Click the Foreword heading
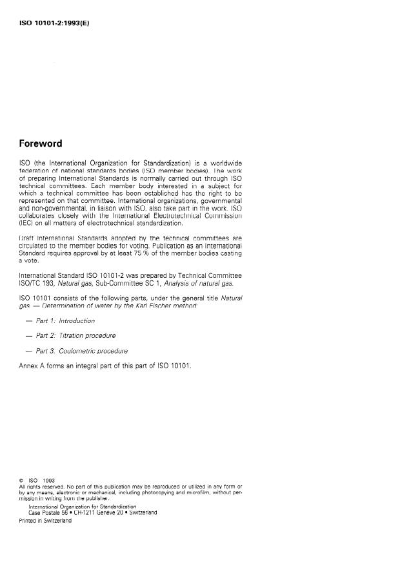pos(41,143)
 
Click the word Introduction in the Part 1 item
pos(77,321)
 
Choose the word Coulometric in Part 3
pos(77,351)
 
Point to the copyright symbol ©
pos(21,481)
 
